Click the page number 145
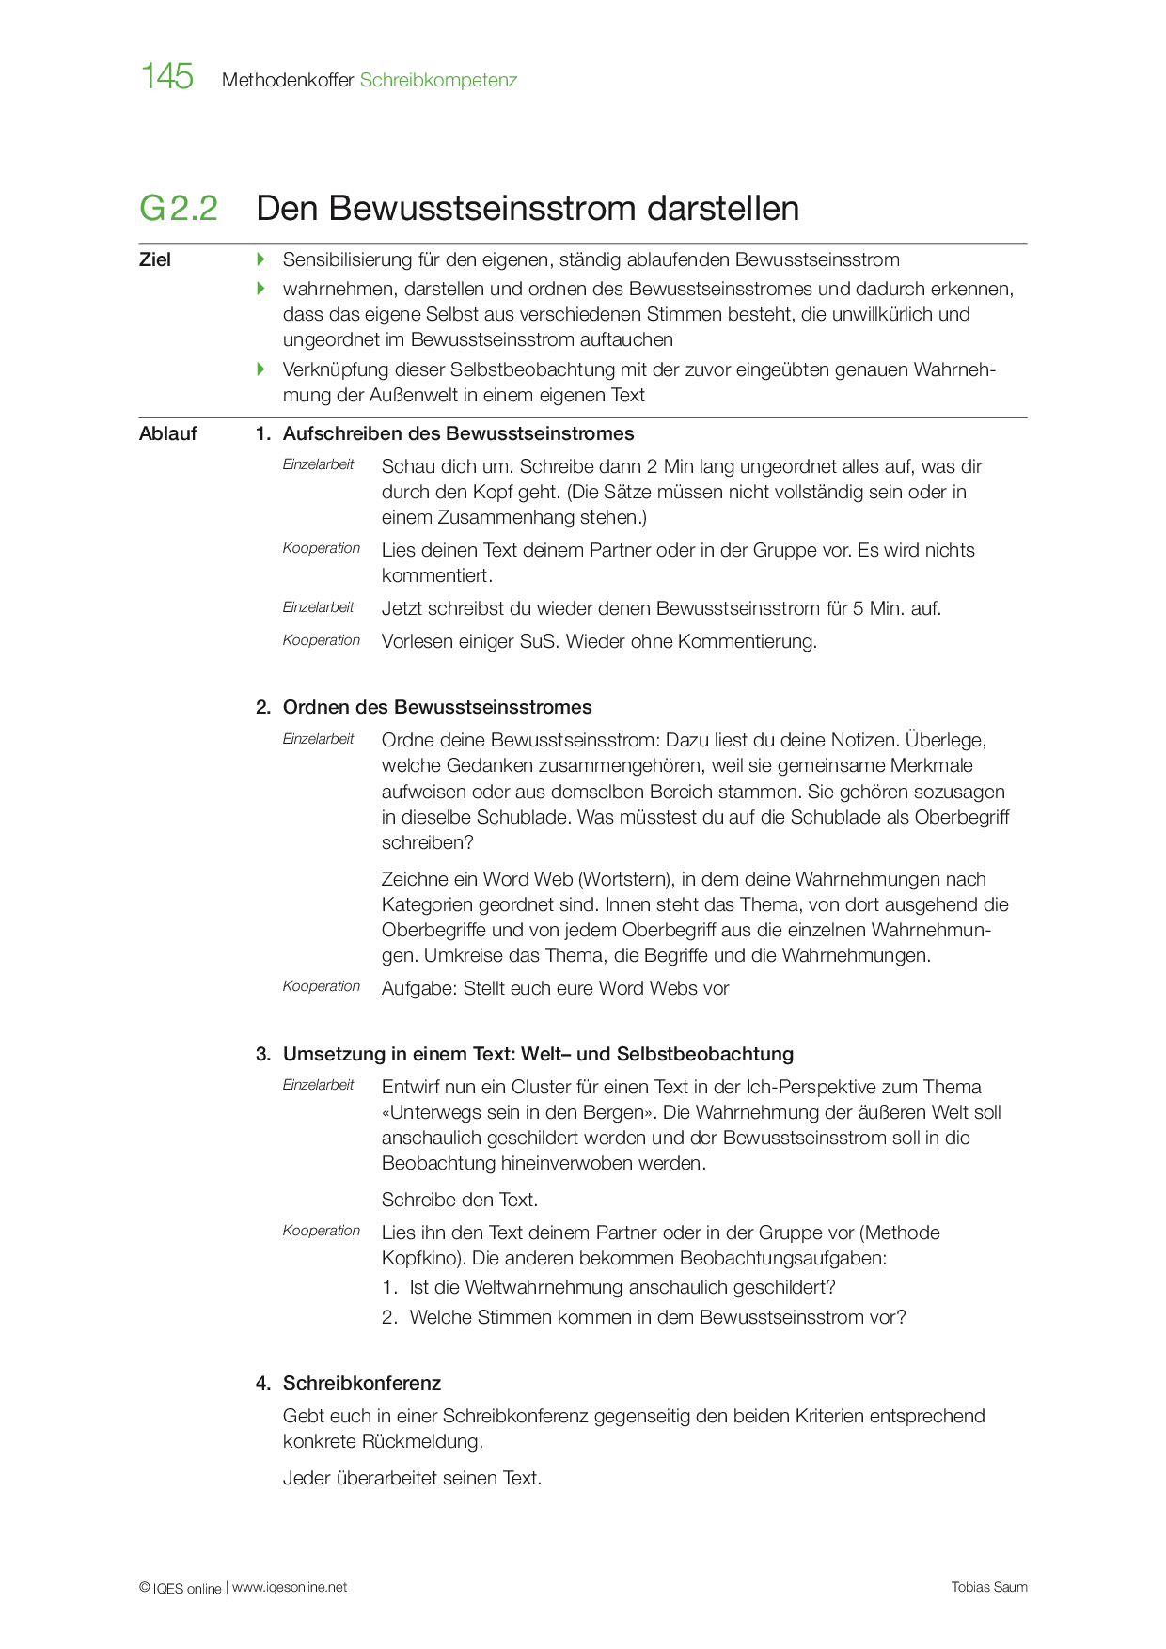167,76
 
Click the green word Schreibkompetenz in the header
438,81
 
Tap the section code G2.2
179,209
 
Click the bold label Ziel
155,260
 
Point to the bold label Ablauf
168,434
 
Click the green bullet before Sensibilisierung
261,259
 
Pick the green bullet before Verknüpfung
261,369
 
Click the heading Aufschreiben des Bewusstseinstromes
458,434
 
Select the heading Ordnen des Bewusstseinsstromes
437,708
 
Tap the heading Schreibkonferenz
362,1384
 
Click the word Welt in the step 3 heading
541,1055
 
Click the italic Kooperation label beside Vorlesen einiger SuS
322,641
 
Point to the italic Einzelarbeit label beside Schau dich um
318,464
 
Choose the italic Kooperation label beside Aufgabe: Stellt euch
322,987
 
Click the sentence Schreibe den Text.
460,1201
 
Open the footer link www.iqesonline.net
290,1588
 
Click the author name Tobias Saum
989,1588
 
